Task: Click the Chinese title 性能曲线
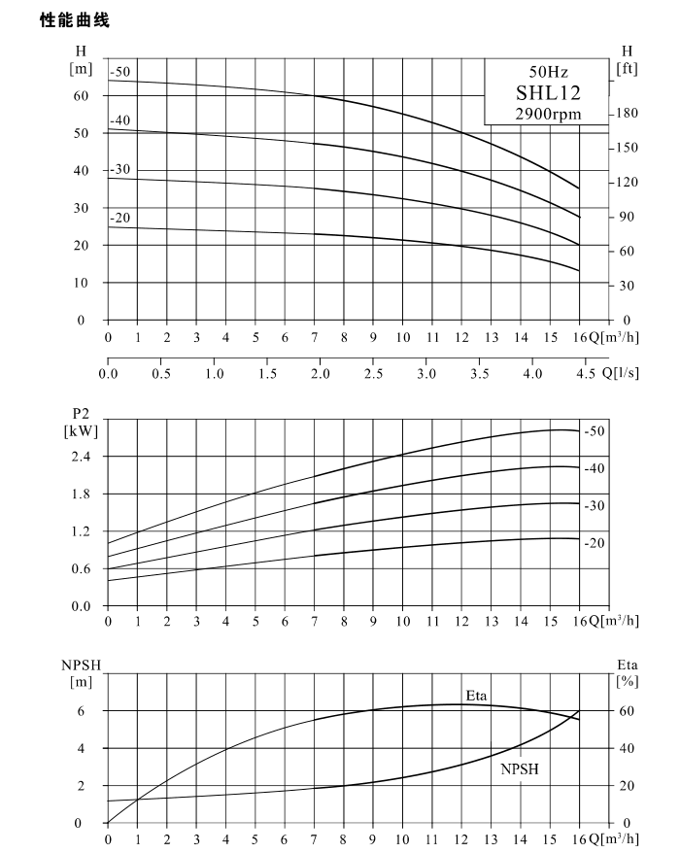tap(75, 20)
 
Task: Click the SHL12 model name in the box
tap(548, 93)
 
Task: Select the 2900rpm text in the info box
tap(548, 115)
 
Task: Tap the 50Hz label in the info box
tap(548, 72)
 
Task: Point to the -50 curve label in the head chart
tap(120, 72)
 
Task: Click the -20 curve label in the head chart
tap(120, 218)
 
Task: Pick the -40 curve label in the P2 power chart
tap(595, 468)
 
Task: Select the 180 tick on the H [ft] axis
tap(627, 113)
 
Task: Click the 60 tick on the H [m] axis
tap(81, 96)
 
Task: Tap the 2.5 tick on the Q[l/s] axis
tap(373, 374)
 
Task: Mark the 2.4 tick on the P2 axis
tap(81, 457)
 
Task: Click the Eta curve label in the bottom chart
tap(476, 696)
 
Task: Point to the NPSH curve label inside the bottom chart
tap(520, 769)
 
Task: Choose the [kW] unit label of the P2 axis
tap(81, 432)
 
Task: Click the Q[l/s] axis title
tap(620, 373)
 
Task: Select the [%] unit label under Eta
tap(627, 681)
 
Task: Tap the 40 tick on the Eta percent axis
tap(627, 748)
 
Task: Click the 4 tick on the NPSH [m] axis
tap(81, 748)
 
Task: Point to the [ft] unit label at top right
tap(627, 69)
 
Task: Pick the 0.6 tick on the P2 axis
tap(81, 569)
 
